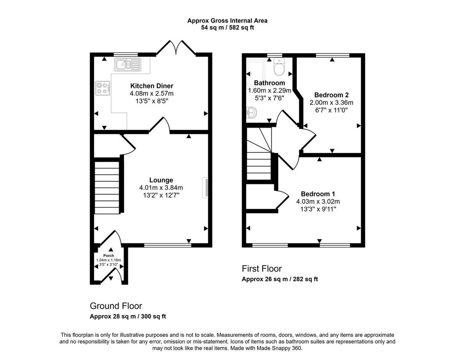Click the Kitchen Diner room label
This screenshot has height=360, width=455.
152,86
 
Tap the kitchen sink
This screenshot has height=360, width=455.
128,64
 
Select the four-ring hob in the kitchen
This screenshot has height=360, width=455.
103,88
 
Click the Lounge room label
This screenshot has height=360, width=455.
161,180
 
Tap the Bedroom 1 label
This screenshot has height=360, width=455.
318,194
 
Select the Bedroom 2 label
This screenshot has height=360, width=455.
331,95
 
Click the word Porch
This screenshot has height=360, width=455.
108,256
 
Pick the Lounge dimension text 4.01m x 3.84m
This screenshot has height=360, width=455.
161,188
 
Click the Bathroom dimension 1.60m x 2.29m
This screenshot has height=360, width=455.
270,91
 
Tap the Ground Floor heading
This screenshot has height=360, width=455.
116,306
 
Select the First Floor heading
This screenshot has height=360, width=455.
262,268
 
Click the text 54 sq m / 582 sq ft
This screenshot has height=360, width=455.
227,28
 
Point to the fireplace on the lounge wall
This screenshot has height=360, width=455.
205,188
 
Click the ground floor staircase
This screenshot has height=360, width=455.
107,188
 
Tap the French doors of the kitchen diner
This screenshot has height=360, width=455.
176,47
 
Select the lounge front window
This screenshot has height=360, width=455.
168,245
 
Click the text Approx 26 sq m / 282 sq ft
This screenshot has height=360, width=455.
280,279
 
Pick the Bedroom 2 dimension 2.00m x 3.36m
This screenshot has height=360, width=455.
331,103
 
